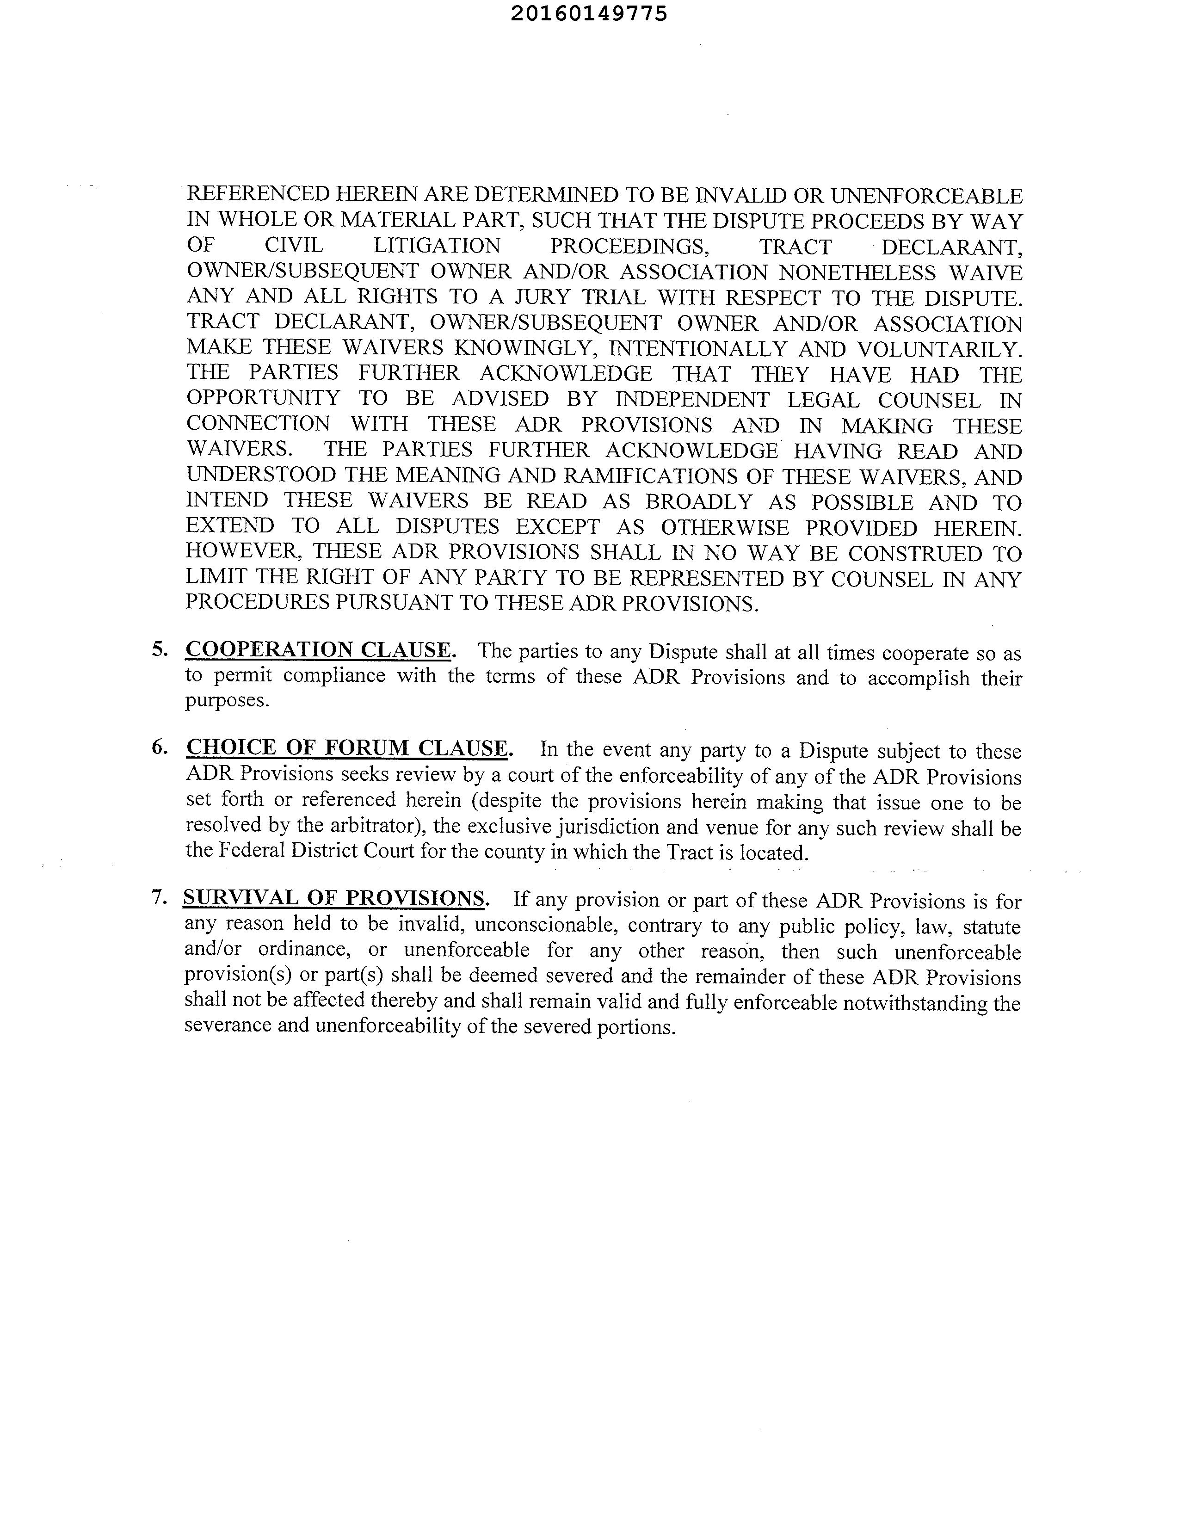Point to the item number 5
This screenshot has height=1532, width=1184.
(159, 649)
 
